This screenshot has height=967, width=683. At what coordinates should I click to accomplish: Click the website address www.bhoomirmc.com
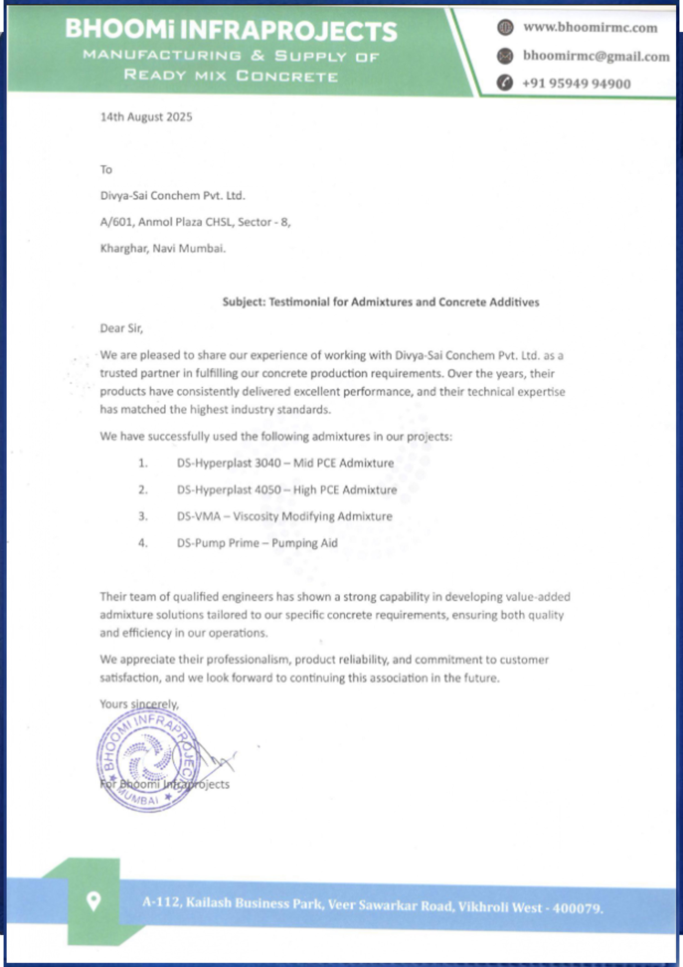pyautogui.click(x=590, y=28)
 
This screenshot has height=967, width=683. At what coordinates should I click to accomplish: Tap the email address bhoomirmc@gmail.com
pyautogui.click(x=596, y=56)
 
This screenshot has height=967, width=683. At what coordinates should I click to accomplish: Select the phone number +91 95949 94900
pyautogui.click(x=576, y=83)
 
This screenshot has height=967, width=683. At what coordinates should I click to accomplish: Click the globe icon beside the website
pyautogui.click(x=505, y=28)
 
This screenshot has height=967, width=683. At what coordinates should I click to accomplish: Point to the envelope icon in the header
pyautogui.click(x=505, y=56)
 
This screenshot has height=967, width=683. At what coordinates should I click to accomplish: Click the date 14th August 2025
pyautogui.click(x=146, y=117)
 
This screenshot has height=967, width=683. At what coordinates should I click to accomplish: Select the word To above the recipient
pyautogui.click(x=106, y=170)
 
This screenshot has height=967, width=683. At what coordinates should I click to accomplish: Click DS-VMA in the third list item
pyautogui.click(x=199, y=516)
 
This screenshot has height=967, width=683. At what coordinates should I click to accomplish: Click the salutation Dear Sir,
pyautogui.click(x=121, y=328)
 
